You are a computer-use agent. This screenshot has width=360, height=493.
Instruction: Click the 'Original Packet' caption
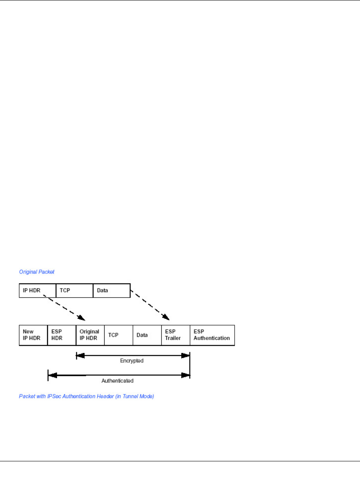tap(37, 272)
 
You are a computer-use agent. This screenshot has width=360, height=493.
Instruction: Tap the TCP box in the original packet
tap(74, 290)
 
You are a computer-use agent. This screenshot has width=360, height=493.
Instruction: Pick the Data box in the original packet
tap(111, 290)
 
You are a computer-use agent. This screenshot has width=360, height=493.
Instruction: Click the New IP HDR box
tap(33, 335)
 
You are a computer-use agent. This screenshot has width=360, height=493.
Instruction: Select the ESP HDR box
tap(62, 335)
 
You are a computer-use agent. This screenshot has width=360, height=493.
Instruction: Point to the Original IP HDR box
tap(90, 335)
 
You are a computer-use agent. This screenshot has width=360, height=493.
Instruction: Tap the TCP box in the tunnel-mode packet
tap(118, 335)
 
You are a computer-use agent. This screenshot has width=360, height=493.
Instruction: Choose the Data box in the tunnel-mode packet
tap(147, 335)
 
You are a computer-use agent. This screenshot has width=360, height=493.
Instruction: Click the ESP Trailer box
tap(175, 335)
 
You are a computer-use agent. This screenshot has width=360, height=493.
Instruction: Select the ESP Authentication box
tap(212, 335)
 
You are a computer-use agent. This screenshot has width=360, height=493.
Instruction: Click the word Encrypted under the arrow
tap(132, 361)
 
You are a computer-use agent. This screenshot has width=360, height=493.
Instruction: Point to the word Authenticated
tap(117, 381)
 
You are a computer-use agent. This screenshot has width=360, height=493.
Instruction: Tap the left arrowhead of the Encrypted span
tap(80, 356)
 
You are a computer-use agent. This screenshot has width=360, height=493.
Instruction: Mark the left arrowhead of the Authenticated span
tap(52, 375)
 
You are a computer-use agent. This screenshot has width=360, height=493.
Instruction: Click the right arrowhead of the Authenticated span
tap(186, 375)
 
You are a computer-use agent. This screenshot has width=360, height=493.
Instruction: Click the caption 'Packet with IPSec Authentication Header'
tap(70, 396)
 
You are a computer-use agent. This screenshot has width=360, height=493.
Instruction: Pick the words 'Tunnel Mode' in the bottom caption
tap(140, 396)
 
